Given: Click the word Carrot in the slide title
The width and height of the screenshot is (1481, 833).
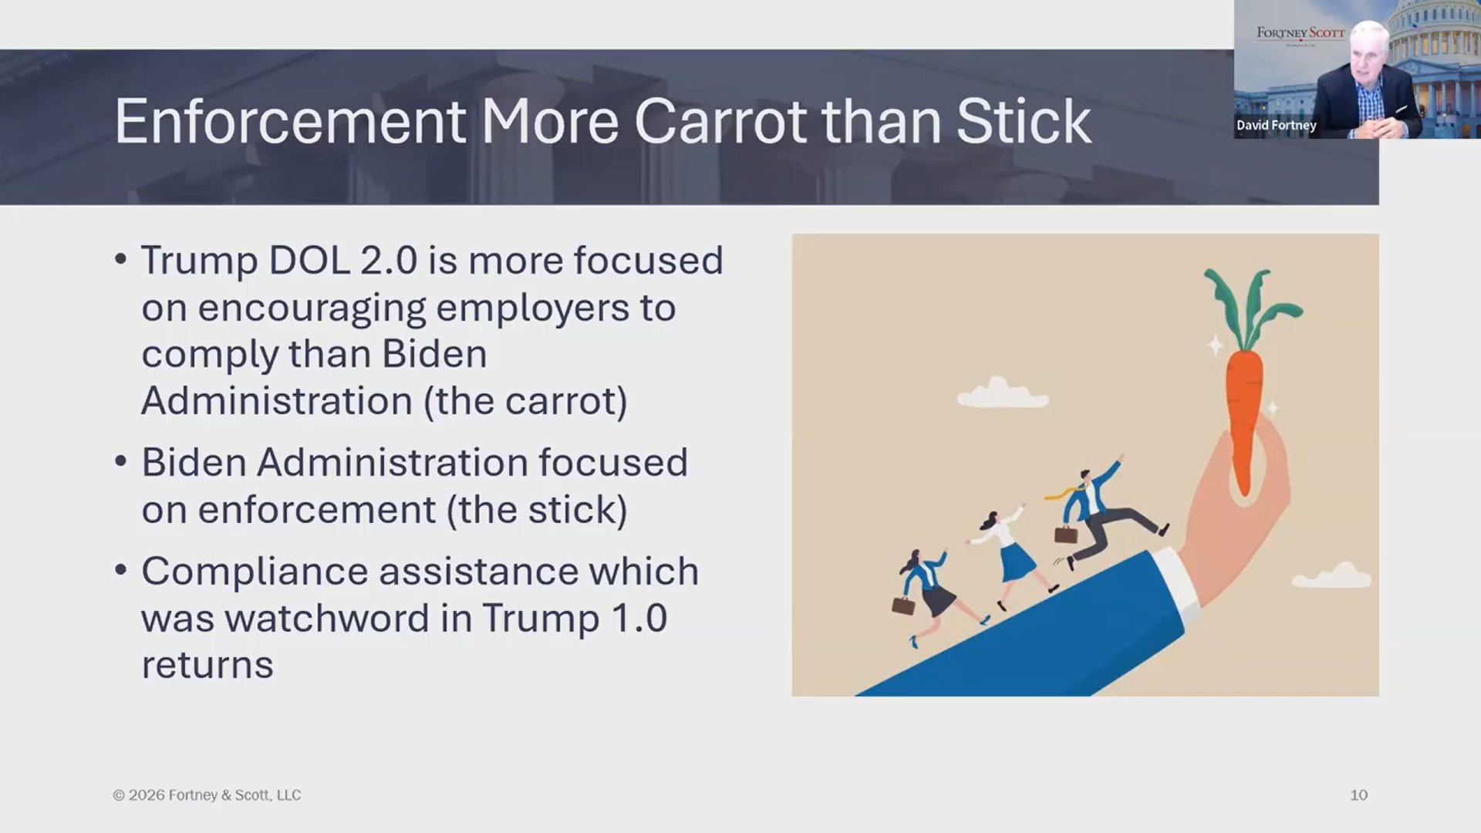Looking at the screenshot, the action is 720,122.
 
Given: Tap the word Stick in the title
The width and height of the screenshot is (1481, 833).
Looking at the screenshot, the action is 1024,121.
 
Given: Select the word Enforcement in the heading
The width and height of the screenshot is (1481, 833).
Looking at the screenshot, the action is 290,122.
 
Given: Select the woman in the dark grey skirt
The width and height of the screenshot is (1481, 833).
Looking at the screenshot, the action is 934,594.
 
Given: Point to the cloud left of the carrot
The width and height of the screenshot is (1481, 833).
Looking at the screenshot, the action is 1002,393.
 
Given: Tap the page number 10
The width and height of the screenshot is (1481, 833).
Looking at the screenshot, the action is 1358,795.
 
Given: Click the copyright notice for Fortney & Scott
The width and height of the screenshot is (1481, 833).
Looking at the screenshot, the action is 207,795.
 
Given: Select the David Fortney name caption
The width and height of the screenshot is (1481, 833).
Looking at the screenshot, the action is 1277,125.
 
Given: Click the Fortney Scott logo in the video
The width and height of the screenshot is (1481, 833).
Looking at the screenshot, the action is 1301,33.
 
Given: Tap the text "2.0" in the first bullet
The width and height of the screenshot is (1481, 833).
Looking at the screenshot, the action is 389,261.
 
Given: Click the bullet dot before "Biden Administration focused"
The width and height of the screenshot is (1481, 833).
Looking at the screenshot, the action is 120,462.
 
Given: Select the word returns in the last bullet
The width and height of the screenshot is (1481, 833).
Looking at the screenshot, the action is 207,666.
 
